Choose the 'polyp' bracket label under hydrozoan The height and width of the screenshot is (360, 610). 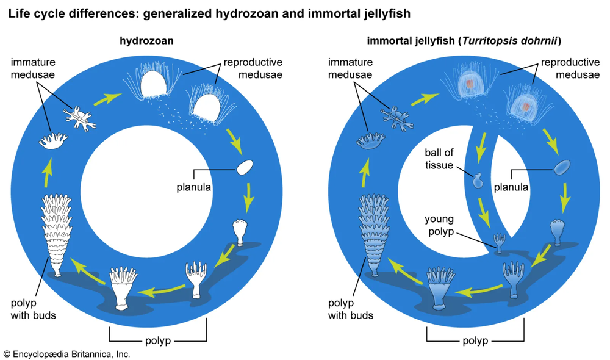pyautogui.click(x=158, y=340)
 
